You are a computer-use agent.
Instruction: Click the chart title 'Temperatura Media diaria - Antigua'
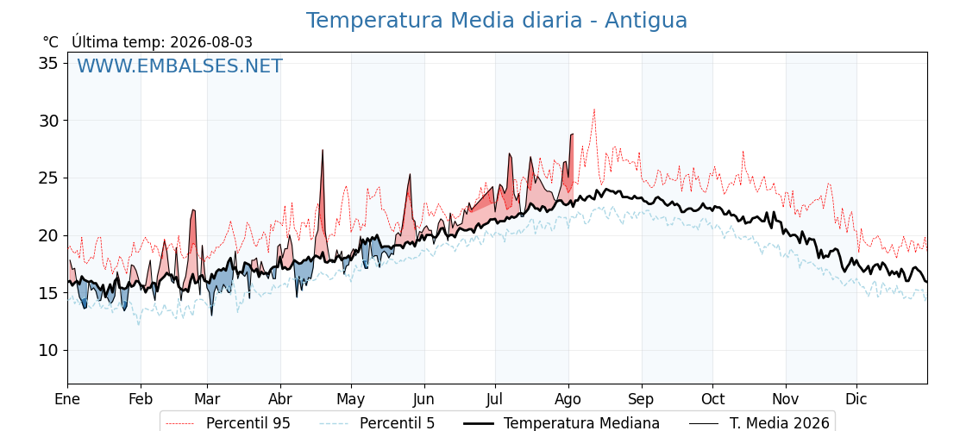coord(497,21)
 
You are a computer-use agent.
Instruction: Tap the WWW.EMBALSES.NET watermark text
coord(180,66)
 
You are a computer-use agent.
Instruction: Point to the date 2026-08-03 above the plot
coord(211,42)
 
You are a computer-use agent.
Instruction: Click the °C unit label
coord(51,42)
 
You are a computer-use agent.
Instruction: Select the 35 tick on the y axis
coord(50,64)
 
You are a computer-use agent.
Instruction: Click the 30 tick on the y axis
coord(50,121)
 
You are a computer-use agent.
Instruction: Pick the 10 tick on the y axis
coord(50,351)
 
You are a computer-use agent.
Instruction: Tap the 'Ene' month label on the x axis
coord(67,399)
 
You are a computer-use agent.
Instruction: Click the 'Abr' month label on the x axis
coord(280,399)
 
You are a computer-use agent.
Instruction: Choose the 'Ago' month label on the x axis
coord(568,400)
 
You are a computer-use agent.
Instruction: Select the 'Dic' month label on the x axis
coord(856,399)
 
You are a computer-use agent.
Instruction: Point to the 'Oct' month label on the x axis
coord(712,399)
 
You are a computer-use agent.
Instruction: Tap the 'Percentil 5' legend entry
coord(377,423)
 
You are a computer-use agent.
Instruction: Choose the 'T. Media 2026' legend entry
coord(759,423)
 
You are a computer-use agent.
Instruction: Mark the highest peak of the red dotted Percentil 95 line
coord(594,109)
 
